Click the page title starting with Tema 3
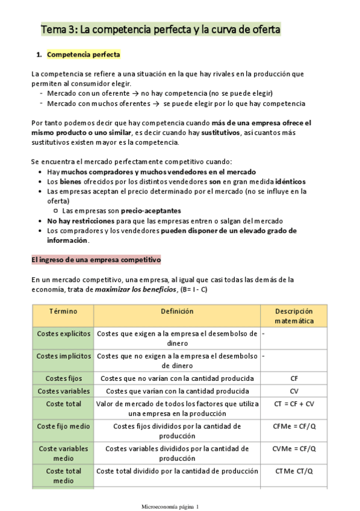(x=160, y=29)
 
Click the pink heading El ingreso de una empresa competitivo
(x=96, y=260)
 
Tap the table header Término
(x=63, y=312)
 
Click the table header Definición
(x=177, y=312)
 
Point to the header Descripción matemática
(x=294, y=316)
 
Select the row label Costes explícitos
(x=63, y=333)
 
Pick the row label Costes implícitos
(x=63, y=356)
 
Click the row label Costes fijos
(x=63, y=378)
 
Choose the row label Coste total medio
(x=63, y=475)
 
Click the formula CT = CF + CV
(x=294, y=404)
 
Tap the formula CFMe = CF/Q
(x=294, y=427)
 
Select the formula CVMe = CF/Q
(x=294, y=449)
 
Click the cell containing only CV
(x=294, y=391)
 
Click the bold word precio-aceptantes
(x=151, y=211)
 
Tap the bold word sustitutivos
(x=223, y=132)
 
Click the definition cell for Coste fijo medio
(x=177, y=431)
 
